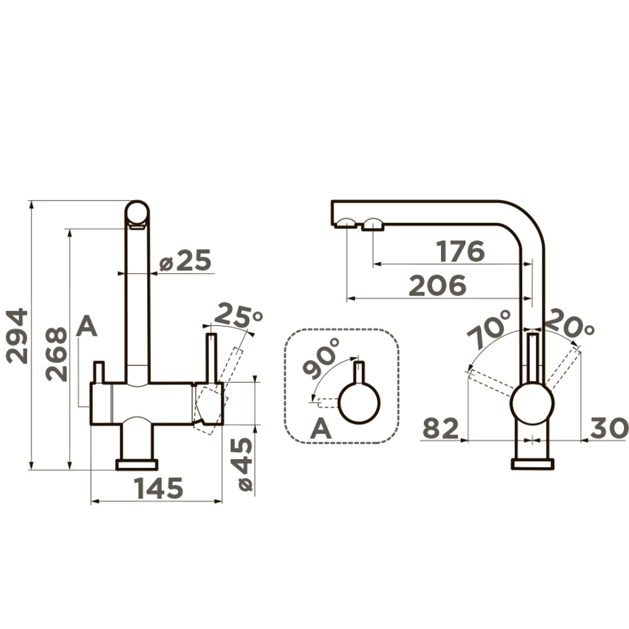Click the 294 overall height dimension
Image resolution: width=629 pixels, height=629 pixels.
17,336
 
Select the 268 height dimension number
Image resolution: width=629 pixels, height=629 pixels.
56,353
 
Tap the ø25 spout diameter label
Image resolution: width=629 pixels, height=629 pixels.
185,260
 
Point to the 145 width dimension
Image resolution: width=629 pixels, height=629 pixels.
159,488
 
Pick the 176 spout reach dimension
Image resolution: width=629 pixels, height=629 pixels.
460,252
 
